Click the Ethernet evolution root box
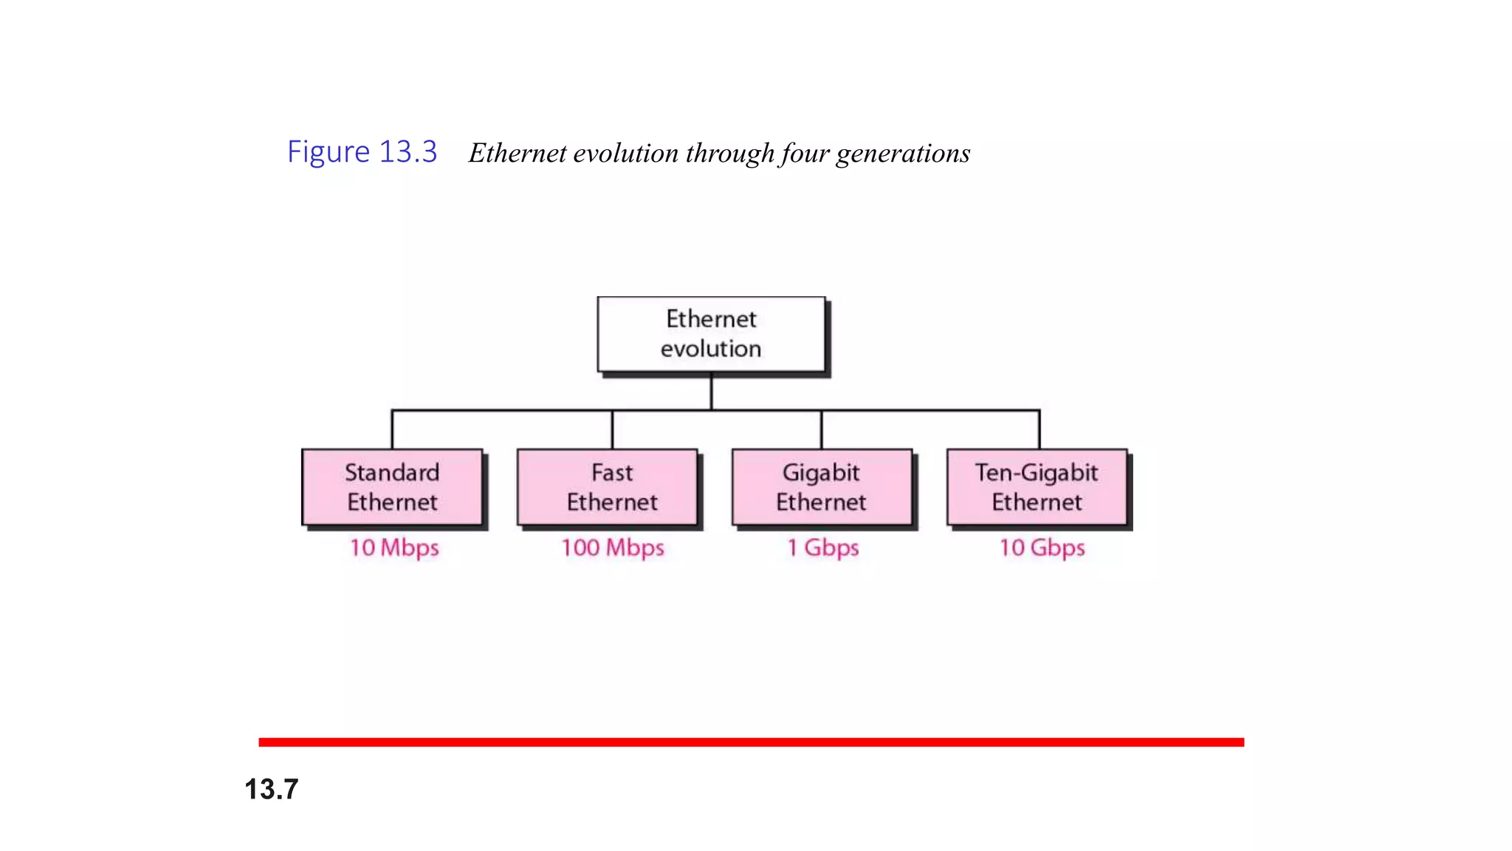pos(711,334)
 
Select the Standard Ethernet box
pos(392,487)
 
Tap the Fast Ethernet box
pos(608,487)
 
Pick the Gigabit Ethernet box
pos(822,487)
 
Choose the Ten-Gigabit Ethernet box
pos(1037,487)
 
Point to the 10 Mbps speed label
pos(394,547)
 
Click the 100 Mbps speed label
pos(613,547)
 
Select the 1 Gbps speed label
pos(823,547)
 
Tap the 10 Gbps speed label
pos(1042,547)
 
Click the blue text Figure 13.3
pos(362,151)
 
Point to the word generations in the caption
pos(903,154)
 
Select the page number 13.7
pos(272,789)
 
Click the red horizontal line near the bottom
pos(751,742)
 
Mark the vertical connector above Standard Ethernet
pos(392,429)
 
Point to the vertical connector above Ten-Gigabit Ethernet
pos(1039,429)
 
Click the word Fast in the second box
pos(612,472)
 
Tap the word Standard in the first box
pos(392,472)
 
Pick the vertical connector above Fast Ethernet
pos(612,429)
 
